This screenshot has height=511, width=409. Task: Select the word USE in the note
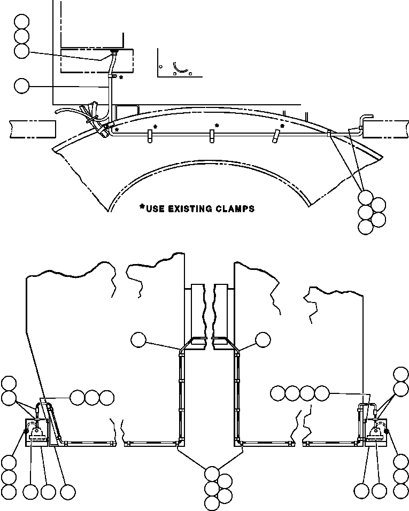coord(155,208)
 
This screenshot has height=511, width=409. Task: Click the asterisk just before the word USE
coord(142,207)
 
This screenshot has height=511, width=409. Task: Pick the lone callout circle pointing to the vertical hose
coord(22,86)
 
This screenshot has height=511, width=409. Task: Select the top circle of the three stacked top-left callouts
coord(22,21)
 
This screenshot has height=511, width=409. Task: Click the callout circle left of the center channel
coord(138,340)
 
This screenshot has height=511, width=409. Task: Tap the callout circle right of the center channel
coord(263,340)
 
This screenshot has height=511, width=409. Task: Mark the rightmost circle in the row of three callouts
coord(106,398)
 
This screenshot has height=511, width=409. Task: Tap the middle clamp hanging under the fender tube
coord(212,136)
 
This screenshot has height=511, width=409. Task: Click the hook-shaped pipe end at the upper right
coord(365,121)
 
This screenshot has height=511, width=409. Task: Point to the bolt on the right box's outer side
coord(386,431)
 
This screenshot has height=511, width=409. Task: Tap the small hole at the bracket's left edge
coord(160,66)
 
